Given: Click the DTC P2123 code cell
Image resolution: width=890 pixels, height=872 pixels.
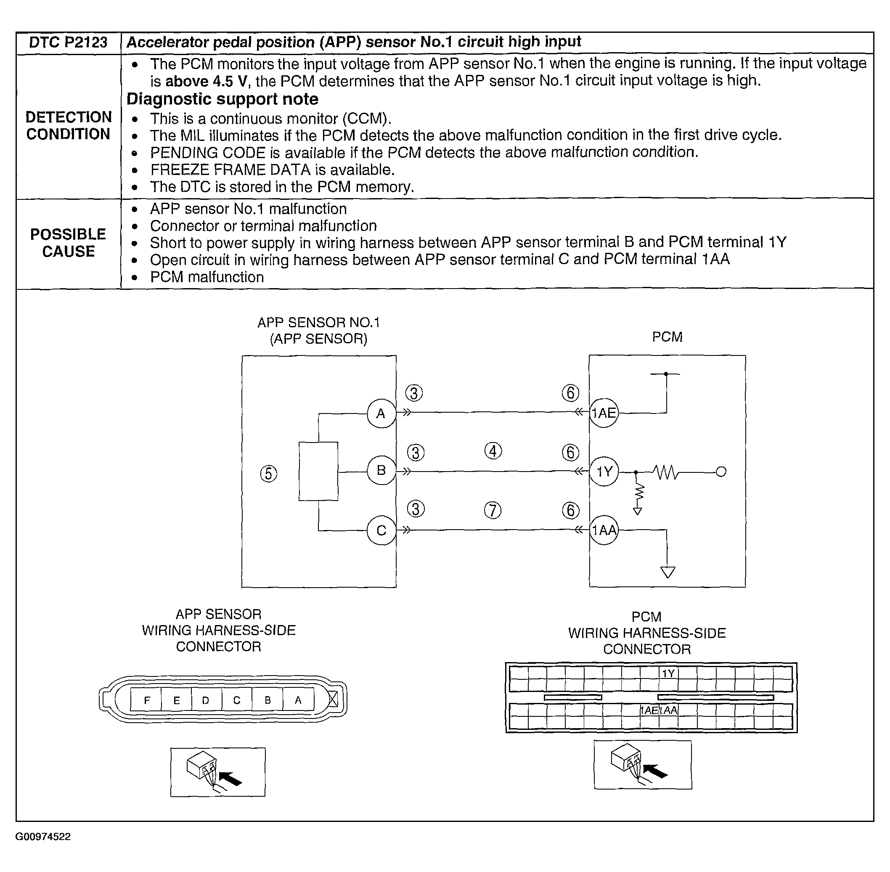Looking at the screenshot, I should [68, 42].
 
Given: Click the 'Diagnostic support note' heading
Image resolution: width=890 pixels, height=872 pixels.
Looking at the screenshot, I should [222, 99].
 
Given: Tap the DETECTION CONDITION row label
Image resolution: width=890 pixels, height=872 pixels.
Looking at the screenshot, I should [68, 125].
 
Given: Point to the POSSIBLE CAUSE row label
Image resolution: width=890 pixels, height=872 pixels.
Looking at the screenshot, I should [68, 243].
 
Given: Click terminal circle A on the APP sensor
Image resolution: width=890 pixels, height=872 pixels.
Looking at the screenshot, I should [381, 413].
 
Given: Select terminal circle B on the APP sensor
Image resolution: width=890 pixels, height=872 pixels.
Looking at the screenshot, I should [381, 470].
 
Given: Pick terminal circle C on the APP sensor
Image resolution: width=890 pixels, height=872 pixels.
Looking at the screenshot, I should [381, 530].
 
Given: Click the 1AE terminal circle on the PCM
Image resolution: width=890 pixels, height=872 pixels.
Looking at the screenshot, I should [604, 413].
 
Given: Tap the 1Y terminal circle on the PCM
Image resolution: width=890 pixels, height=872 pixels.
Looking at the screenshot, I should [604, 471].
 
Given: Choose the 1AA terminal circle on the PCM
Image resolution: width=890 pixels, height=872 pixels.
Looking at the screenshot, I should [604, 530].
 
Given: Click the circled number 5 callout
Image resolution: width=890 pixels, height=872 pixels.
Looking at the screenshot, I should [269, 474].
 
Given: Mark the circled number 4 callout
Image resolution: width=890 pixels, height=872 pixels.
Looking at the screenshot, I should [493, 451].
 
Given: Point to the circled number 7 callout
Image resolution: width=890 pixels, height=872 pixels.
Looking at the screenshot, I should [493, 510].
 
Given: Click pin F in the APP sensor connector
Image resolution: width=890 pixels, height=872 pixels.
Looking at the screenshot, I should [146, 700].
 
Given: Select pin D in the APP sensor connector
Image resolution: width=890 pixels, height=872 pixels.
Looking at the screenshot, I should [206, 700].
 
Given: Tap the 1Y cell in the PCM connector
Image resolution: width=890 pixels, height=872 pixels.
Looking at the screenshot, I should [668, 673].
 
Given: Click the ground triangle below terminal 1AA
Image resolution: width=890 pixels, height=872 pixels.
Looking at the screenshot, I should [667, 572].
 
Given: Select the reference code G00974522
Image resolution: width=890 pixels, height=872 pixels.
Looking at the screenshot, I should [43, 837].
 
